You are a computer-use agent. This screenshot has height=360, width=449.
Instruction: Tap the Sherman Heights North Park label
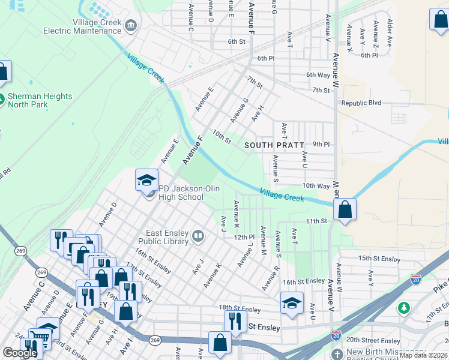click(x=40, y=100)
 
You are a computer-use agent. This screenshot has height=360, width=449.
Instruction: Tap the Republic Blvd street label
click(x=361, y=103)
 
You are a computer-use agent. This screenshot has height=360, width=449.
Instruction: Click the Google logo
click(x=20, y=353)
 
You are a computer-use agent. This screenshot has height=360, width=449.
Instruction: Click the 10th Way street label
click(x=316, y=187)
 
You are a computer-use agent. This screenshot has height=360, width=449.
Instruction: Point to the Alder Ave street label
click(x=390, y=33)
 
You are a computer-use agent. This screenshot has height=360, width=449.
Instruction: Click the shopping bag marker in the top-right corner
click(x=438, y=19)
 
